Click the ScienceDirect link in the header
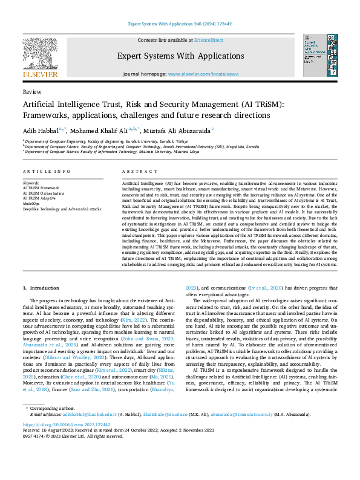coord(208,40)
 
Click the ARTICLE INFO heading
coord(46,172)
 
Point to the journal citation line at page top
coord(180,24)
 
